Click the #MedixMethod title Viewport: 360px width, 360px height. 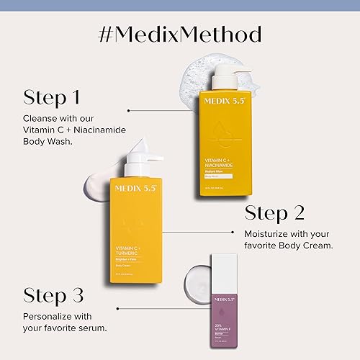180,34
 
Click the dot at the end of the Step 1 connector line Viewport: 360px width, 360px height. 128,111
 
